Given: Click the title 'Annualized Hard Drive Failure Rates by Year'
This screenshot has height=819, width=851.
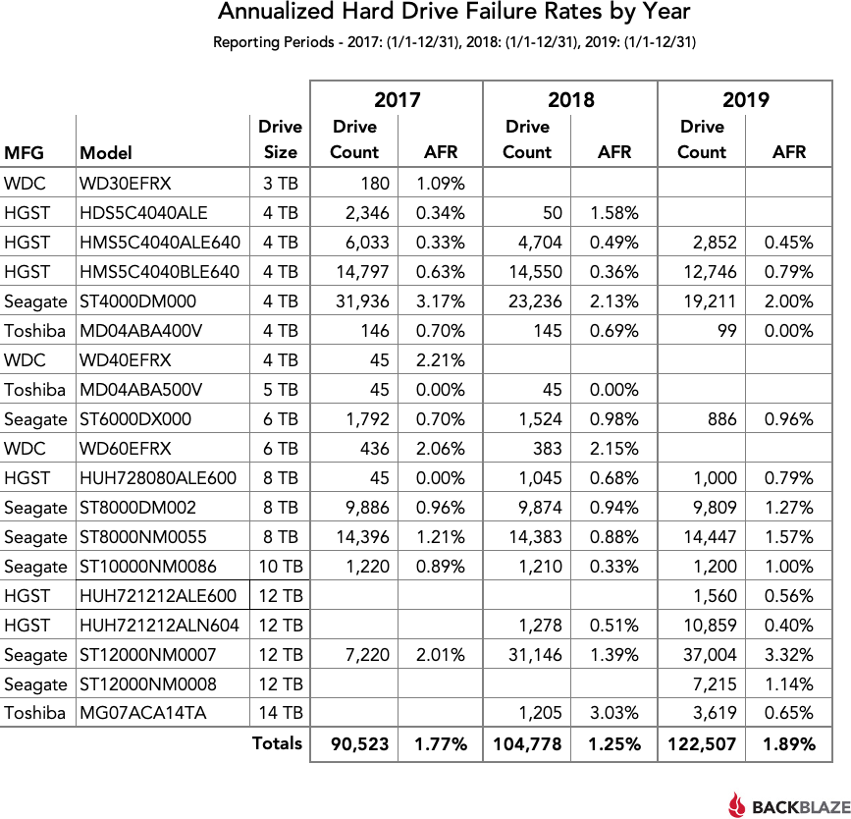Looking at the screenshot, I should [x=453, y=14].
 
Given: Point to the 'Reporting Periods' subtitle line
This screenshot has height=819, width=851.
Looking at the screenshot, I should [x=453, y=42].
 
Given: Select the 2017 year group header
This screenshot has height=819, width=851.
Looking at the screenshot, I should [x=397, y=99].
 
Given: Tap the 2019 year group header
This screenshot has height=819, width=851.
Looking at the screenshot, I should [x=745, y=99].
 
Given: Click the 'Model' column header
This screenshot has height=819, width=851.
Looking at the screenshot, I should [x=106, y=152].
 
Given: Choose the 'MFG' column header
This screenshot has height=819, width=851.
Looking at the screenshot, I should [x=25, y=152].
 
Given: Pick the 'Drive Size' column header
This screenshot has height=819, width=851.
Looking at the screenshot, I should [x=280, y=139].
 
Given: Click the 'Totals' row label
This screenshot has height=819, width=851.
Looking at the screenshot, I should [x=277, y=743].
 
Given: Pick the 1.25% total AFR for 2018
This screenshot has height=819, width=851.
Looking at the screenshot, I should [x=613, y=744].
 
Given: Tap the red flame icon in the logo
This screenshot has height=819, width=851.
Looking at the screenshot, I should [x=737, y=804].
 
